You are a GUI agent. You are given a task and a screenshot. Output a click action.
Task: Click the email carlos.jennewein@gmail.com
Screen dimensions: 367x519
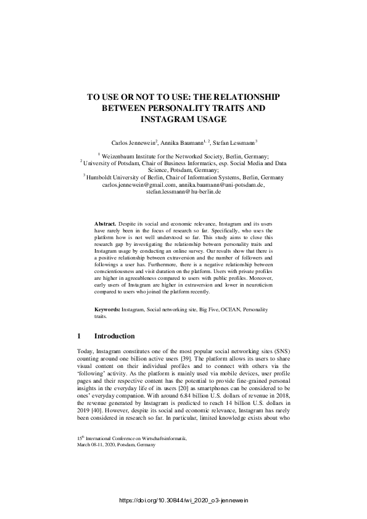pyautogui.click(x=139, y=184)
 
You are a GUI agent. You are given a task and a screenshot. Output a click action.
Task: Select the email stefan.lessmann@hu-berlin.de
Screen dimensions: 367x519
pyautogui.click(x=183, y=192)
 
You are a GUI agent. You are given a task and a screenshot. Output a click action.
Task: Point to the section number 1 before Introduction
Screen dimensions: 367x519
pyautogui.click(x=79, y=337)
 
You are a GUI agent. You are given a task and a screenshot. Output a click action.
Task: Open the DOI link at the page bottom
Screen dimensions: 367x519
pyautogui.click(x=183, y=501)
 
